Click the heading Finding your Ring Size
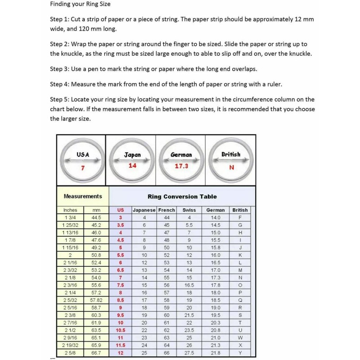point(80,4)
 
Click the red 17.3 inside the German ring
point(181,166)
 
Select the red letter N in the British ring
point(231,167)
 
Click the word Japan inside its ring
point(132,155)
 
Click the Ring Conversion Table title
point(182,197)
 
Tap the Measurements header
point(83,196)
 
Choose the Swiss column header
point(189,210)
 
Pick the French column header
point(166,210)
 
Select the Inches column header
point(70,210)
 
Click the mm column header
point(96,210)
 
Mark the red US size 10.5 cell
point(120,330)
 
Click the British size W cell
point(240,337)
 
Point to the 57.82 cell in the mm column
point(96,300)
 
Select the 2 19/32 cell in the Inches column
point(70,345)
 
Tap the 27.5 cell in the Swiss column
point(189,352)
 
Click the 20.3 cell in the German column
point(216,323)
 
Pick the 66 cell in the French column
point(166,352)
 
